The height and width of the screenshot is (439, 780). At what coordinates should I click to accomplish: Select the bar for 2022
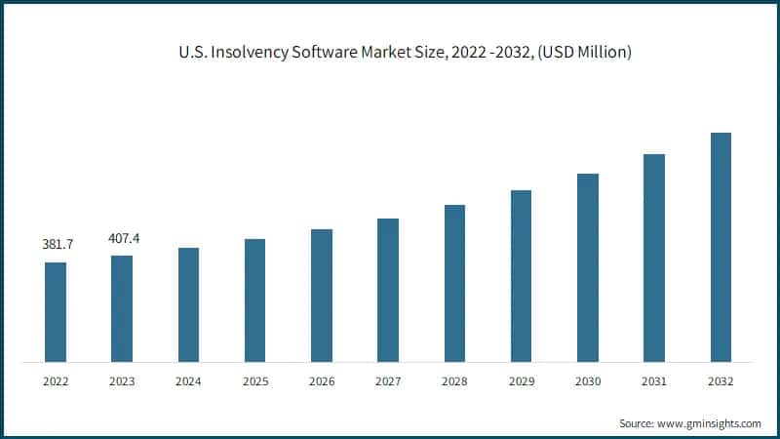[56, 312]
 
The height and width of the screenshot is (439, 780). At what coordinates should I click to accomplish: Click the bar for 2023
[122, 308]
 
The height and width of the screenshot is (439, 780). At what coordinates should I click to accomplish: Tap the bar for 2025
[254, 300]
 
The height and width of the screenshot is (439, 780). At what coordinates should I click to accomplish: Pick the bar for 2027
[388, 290]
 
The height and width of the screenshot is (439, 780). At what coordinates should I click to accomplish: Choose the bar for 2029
[522, 276]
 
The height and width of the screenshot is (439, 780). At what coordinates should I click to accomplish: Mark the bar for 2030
[588, 267]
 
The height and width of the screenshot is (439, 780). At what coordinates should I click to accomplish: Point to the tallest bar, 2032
[721, 248]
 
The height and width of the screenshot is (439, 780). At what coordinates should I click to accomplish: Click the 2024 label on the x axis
[188, 382]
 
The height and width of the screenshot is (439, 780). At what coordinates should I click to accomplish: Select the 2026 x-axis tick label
[322, 382]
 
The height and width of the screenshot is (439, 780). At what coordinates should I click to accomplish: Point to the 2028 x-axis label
[454, 382]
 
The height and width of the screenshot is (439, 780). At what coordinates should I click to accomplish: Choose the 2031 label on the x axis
[654, 382]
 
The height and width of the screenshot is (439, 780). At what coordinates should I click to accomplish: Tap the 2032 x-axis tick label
[721, 382]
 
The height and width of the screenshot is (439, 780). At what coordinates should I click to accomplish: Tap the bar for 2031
[654, 258]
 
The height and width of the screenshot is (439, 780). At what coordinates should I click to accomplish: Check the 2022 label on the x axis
[56, 382]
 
